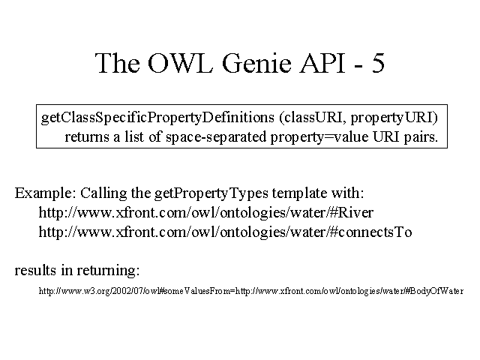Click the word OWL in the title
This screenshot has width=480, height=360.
click(x=180, y=63)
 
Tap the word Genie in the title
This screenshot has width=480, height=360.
click(x=256, y=63)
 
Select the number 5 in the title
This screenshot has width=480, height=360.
click(x=378, y=63)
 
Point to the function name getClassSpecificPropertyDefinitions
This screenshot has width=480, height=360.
click(x=157, y=118)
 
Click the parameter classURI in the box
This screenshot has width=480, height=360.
click(x=313, y=118)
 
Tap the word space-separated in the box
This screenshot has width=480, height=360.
click(x=216, y=137)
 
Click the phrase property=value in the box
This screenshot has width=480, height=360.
click(x=319, y=137)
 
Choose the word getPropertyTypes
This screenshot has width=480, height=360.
click(x=211, y=193)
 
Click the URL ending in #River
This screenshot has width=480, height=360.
click(x=206, y=212)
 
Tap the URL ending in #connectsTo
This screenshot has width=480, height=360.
click(x=225, y=232)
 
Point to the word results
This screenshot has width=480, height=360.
click(x=35, y=270)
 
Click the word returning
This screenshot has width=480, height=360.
click(x=108, y=271)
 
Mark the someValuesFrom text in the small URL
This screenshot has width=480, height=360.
click(x=198, y=291)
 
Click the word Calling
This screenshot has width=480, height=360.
click(x=103, y=193)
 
